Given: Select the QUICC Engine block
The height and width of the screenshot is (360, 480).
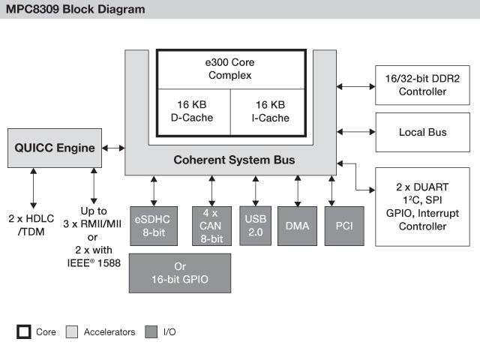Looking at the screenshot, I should point(55,148).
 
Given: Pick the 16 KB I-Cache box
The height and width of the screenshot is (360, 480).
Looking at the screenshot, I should point(267,111).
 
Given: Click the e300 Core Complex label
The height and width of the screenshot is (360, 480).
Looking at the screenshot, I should point(230,69).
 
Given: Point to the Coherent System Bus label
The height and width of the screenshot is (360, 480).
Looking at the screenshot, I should point(233,160).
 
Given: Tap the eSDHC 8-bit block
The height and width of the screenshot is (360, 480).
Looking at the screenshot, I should point(153,226).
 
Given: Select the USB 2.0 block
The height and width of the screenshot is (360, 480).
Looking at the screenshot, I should point(255,226).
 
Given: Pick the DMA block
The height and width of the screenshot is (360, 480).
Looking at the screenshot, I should point(298,226).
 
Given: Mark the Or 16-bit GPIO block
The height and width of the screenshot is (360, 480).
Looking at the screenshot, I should point(180,272).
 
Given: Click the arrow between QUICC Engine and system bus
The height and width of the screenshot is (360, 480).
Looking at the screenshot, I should point(113,148).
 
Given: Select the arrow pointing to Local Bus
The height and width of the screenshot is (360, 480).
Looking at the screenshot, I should point(355,133).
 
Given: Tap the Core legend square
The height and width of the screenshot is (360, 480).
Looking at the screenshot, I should point(25,331).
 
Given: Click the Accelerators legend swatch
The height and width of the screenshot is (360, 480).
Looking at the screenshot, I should point(72,331).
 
